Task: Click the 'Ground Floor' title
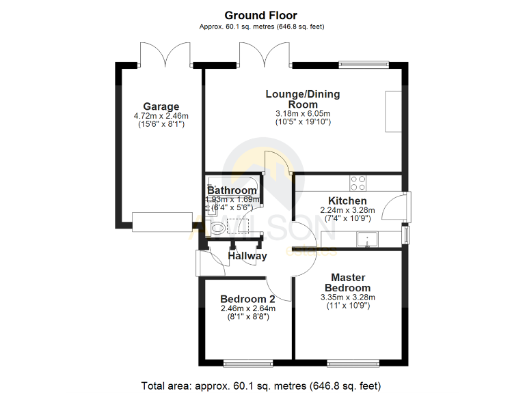pyautogui.click(x=262, y=15)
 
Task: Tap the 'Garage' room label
pyautogui.click(x=161, y=106)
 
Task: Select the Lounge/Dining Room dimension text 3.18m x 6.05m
pyautogui.click(x=302, y=113)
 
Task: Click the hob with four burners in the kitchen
pyautogui.click(x=358, y=183)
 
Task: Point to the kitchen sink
pyautogui.click(x=368, y=239)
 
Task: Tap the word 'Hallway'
pyautogui.click(x=247, y=256)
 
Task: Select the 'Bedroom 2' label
pyautogui.click(x=247, y=299)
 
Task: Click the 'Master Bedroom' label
pyautogui.click(x=348, y=282)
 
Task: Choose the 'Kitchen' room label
pyautogui.click(x=347, y=201)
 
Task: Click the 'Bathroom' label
pyautogui.click(x=232, y=190)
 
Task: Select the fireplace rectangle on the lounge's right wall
pyautogui.click(x=393, y=111)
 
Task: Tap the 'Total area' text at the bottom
pyautogui.click(x=261, y=385)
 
